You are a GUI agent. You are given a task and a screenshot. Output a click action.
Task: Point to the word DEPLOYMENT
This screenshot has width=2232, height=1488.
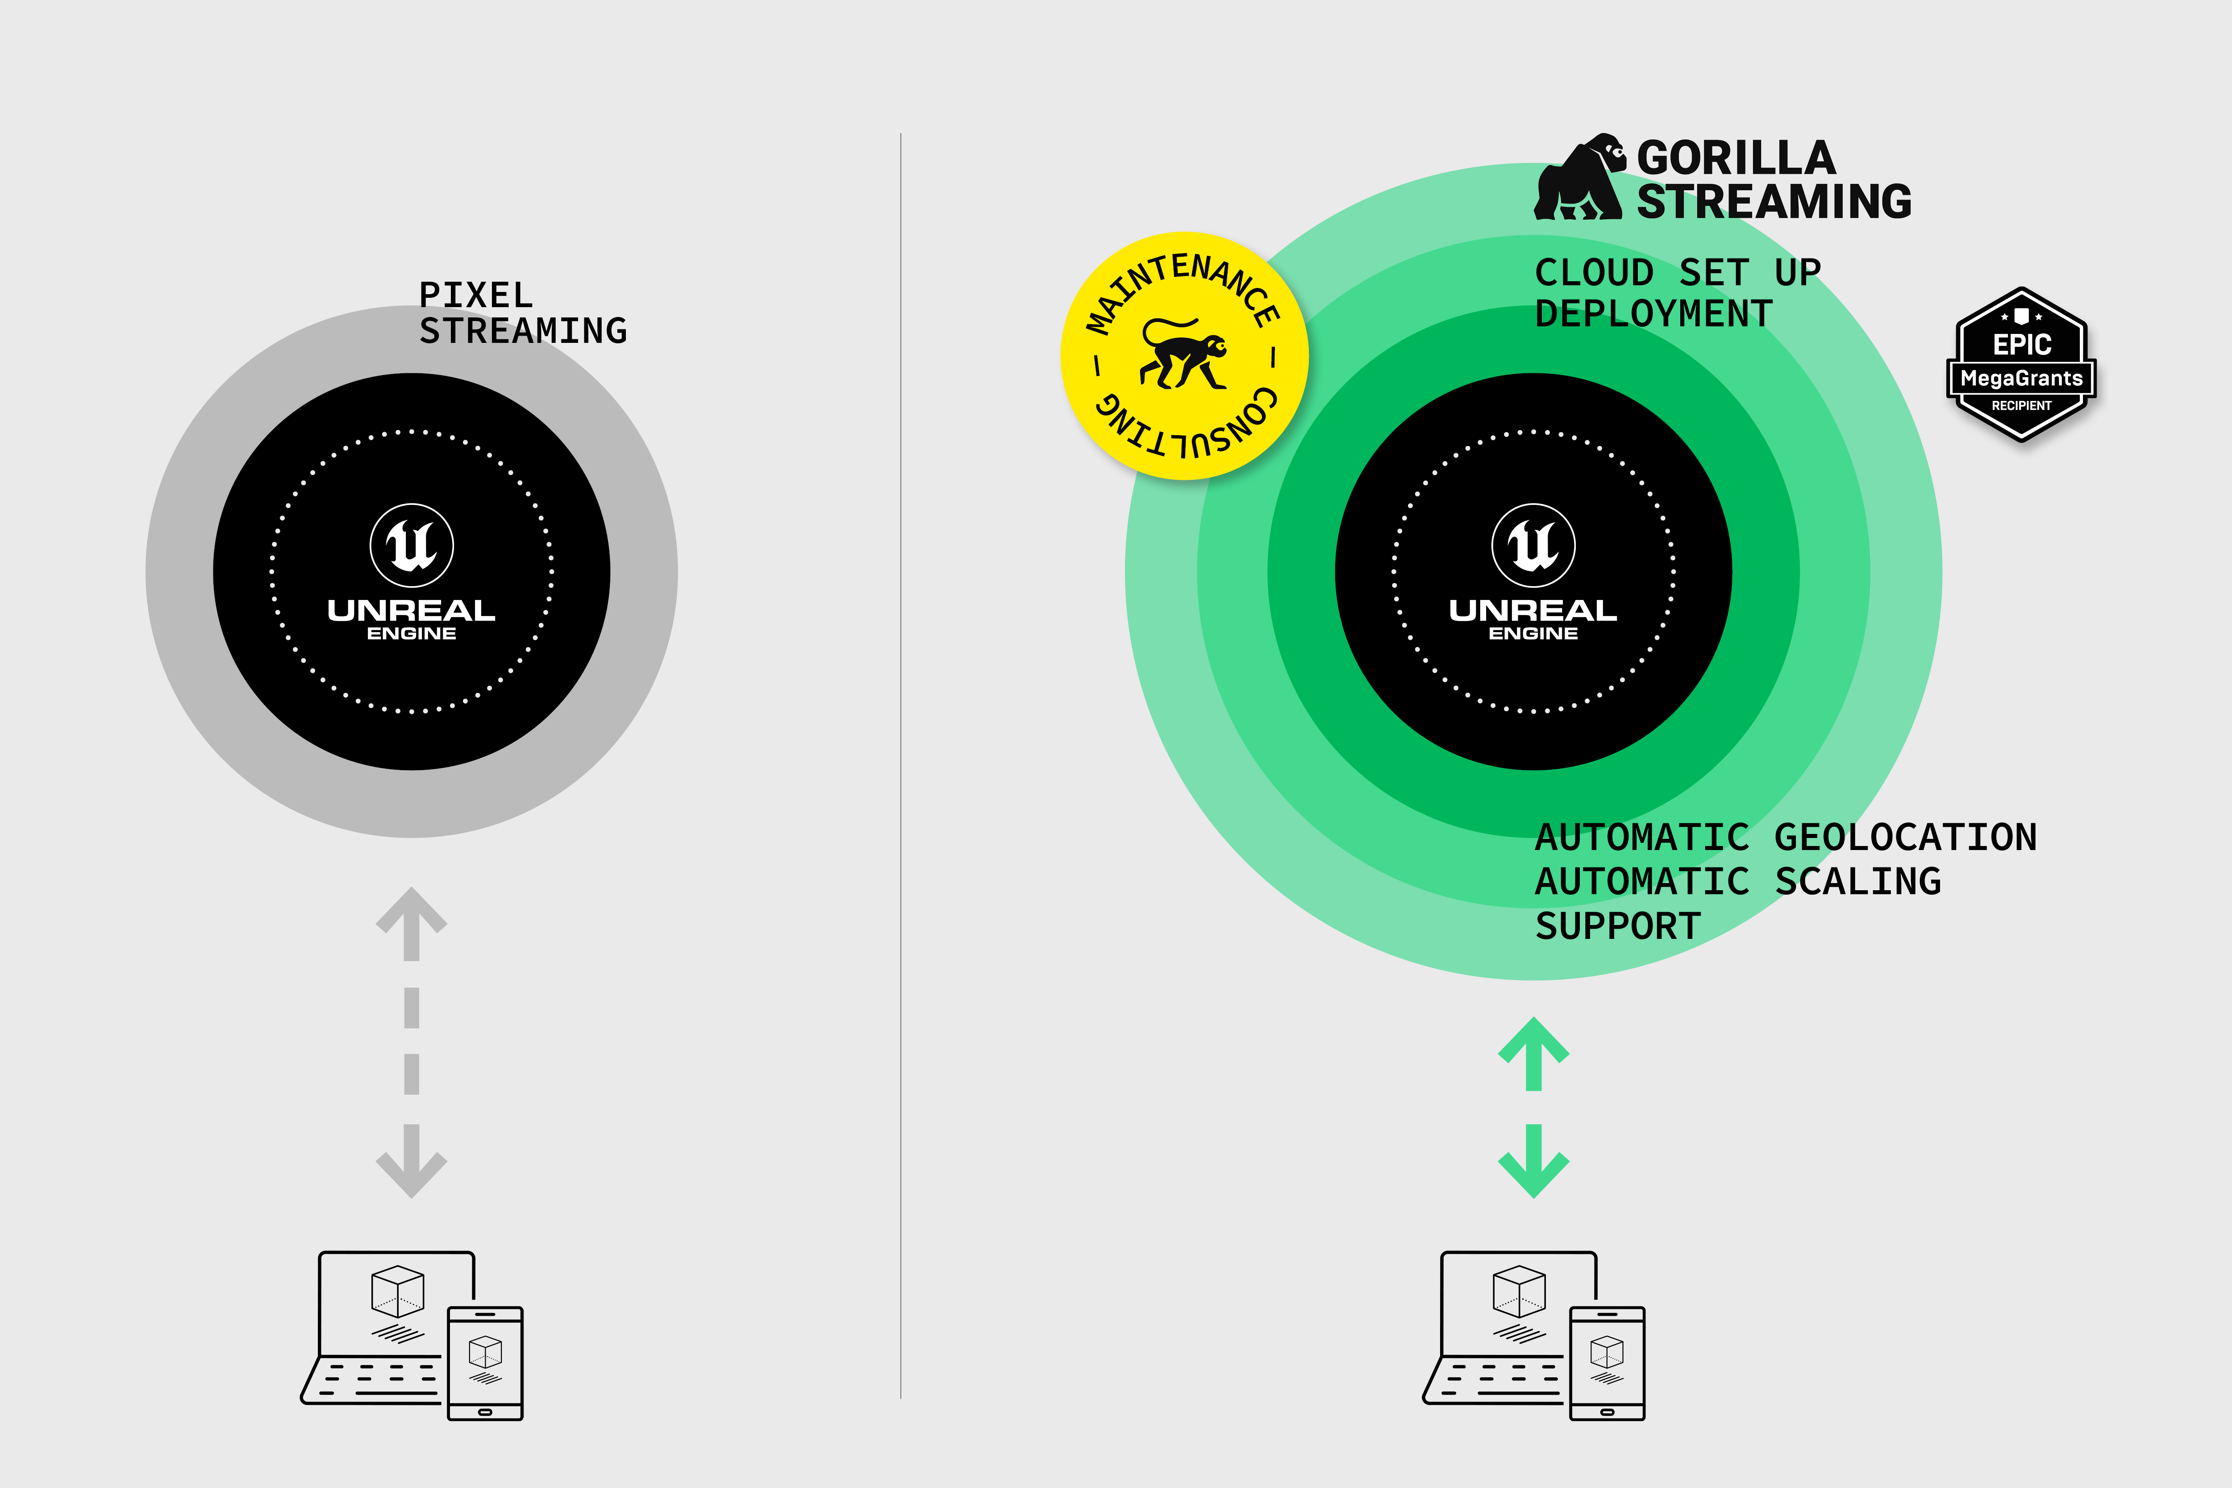[x=1653, y=314]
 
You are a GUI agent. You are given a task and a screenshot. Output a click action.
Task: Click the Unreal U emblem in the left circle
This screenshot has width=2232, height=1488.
[x=412, y=545]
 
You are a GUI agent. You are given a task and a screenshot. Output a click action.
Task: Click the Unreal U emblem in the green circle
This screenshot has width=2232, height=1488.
[x=1533, y=545]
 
